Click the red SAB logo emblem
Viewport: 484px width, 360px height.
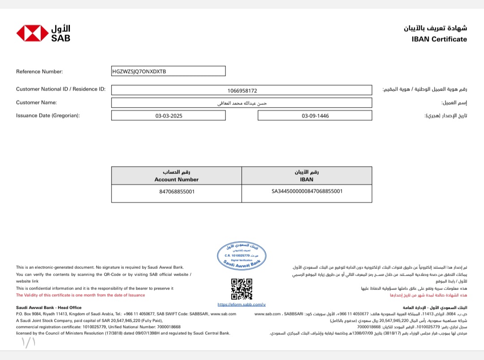click(32, 33)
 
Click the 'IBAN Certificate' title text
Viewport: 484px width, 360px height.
click(439, 39)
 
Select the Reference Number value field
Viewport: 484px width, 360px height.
click(169, 71)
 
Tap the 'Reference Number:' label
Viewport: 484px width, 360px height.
click(39, 71)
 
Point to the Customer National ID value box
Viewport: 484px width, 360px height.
click(242, 90)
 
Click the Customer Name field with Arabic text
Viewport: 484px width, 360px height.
click(242, 103)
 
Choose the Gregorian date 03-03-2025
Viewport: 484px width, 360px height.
click(169, 116)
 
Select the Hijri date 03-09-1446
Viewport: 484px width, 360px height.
click(315, 116)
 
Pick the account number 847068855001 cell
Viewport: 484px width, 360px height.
click(177, 191)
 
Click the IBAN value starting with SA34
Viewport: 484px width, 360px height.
click(307, 191)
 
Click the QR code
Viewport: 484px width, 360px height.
click(242, 289)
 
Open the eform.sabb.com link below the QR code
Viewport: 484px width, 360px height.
click(242, 304)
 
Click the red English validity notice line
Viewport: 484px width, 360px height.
click(81, 295)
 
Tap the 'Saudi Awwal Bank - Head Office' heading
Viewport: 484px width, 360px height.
click(49, 308)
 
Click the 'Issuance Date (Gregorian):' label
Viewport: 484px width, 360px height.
click(48, 115)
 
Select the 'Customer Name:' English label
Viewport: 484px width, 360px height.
click(36, 102)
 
